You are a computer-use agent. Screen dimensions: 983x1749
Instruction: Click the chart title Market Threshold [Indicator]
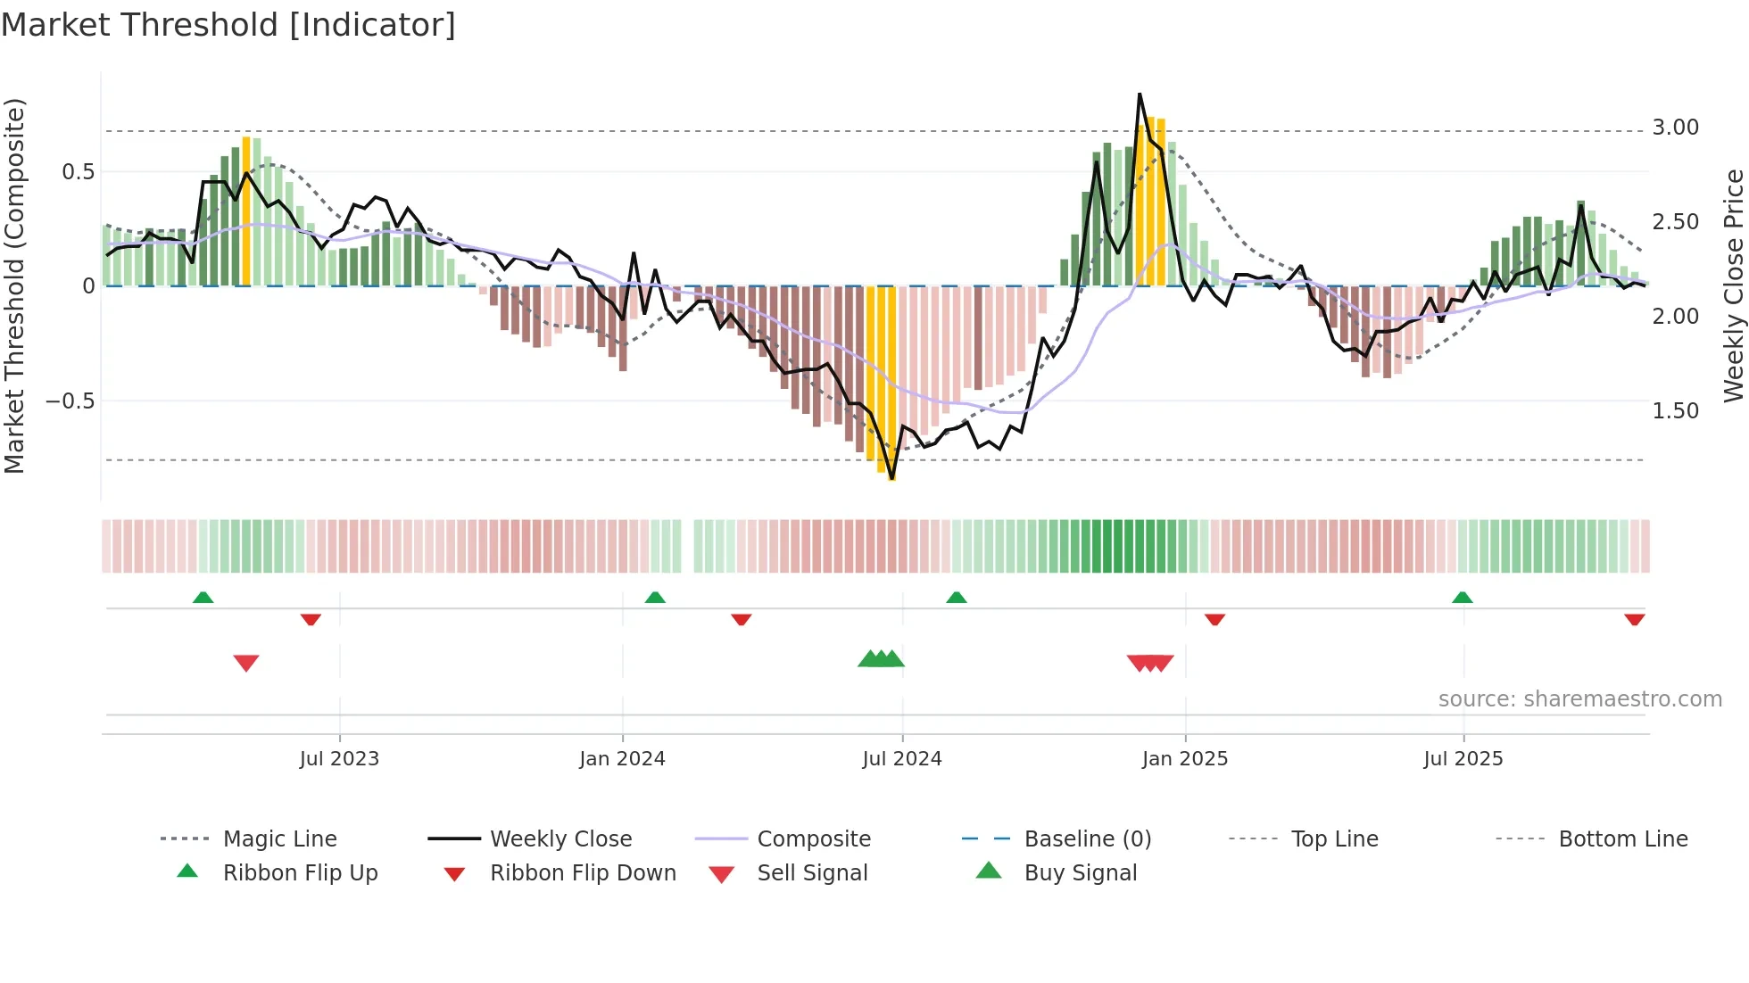point(228,25)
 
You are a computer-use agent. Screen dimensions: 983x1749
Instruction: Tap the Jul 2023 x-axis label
point(339,758)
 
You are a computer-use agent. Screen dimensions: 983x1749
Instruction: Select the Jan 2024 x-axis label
point(622,758)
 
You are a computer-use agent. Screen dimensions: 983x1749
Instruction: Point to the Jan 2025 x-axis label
point(1184,758)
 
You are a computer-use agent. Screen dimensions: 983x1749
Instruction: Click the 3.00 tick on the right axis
point(1675,128)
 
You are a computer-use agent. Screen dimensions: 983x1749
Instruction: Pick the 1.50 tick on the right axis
point(1675,410)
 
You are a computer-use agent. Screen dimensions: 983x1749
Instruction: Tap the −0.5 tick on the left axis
point(70,401)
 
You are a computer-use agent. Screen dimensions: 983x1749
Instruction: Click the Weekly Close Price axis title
point(1733,285)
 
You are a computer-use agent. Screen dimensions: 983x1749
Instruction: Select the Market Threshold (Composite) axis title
point(14,285)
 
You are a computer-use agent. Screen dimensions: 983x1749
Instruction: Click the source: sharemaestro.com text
point(1579,698)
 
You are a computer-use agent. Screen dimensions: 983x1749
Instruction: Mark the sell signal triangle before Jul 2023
point(246,663)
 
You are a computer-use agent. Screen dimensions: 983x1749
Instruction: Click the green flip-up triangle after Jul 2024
point(957,597)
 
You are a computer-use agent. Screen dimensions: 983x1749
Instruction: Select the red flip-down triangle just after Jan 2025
point(1214,619)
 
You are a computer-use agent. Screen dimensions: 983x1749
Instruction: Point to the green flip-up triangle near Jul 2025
point(1462,597)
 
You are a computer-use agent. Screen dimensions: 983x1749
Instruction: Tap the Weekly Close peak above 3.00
point(1140,94)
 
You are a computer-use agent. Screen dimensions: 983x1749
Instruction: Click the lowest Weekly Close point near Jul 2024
point(892,479)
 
